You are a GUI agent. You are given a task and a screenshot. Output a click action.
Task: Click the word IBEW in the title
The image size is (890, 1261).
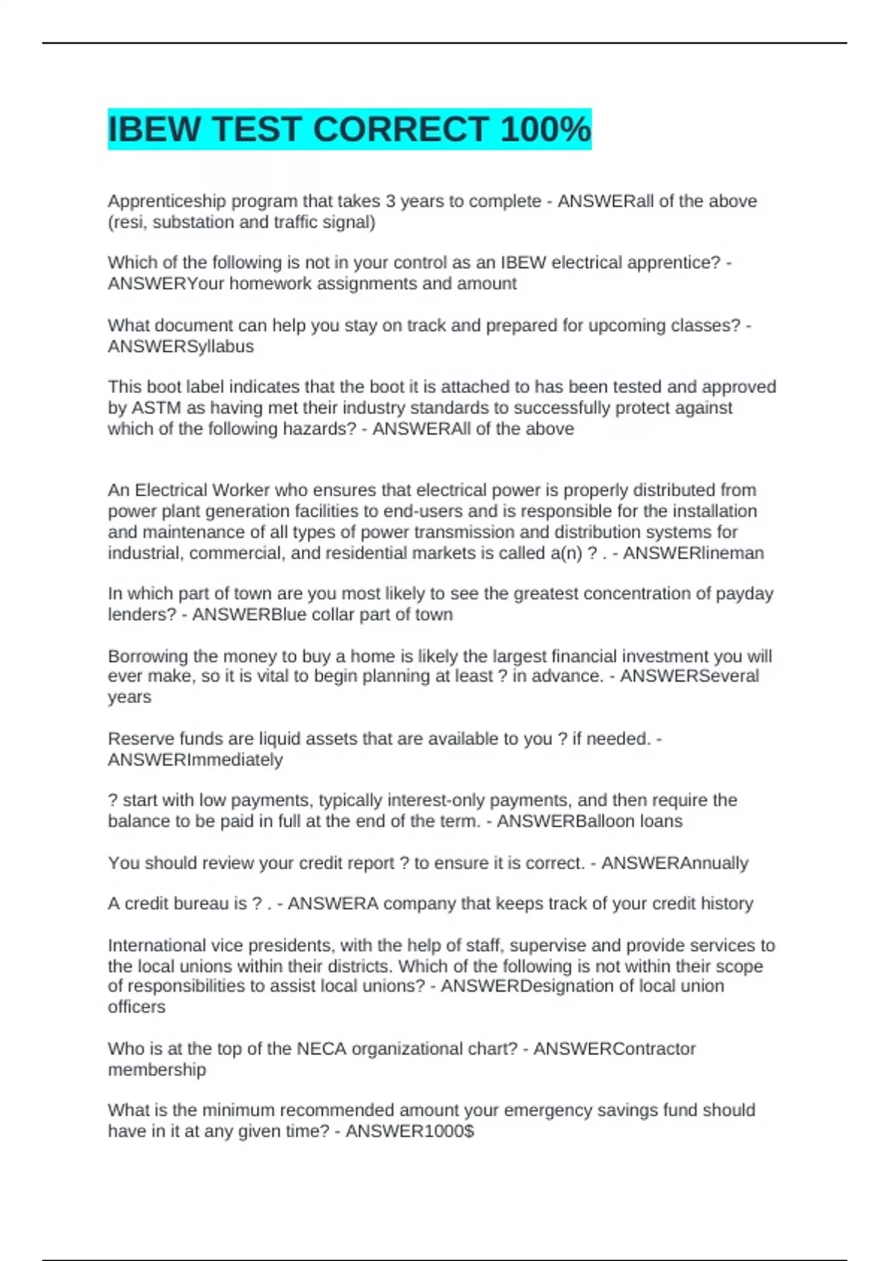154,129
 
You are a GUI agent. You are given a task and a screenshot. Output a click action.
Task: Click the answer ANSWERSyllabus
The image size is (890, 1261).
181,346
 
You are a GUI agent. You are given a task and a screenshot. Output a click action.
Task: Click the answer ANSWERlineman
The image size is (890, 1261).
693,553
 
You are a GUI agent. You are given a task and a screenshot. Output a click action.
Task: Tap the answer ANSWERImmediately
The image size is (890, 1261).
195,760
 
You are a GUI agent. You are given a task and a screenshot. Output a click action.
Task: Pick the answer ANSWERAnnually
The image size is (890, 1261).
674,863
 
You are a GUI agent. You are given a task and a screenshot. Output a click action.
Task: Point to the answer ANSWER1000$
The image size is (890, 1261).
409,1131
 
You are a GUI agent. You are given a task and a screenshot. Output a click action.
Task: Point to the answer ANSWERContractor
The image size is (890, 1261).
614,1049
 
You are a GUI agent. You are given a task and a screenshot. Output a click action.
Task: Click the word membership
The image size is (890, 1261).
156,1070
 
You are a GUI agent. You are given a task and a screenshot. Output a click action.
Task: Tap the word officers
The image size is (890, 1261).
136,1007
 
